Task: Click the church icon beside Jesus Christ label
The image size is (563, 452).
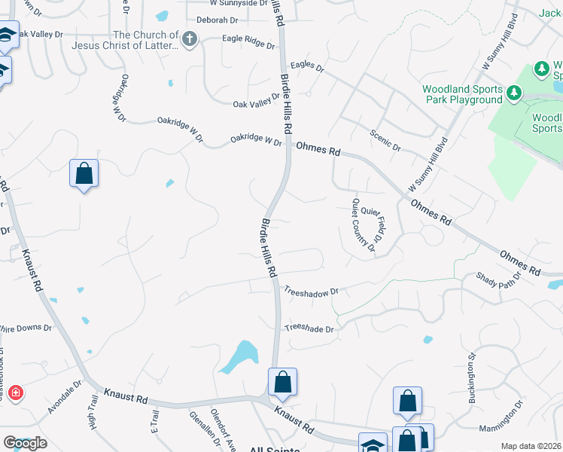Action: coord(189,40)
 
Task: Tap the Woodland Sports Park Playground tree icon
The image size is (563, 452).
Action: coord(514,93)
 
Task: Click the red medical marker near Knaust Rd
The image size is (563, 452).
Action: coord(15,393)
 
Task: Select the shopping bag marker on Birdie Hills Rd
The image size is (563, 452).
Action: coord(282,382)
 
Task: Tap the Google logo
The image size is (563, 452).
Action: coord(25,443)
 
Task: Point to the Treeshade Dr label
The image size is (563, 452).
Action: coord(309,328)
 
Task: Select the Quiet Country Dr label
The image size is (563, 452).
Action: coord(364,225)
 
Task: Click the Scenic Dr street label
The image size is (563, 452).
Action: coord(385,139)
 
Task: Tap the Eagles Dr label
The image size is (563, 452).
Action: coord(306,68)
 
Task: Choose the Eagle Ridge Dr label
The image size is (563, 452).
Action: coord(249,41)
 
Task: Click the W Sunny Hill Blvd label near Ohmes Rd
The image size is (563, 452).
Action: coord(428,164)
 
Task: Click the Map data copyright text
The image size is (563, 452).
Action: coord(531,446)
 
